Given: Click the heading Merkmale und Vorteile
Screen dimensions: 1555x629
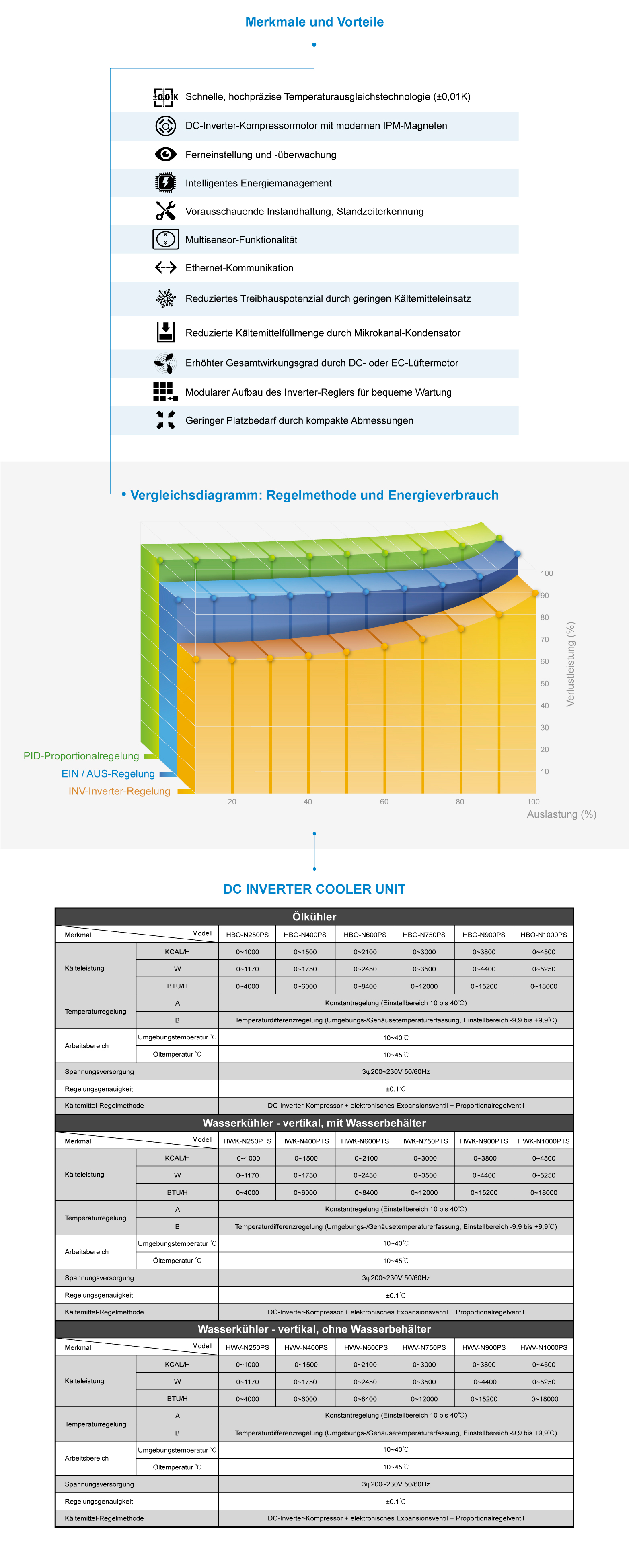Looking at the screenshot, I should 314,22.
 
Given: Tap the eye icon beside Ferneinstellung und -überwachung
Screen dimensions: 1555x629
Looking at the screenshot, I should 165,155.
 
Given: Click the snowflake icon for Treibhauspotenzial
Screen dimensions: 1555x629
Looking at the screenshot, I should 165,298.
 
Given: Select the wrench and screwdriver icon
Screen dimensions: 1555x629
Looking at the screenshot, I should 165,211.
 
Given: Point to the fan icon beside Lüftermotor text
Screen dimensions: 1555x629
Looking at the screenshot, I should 164,363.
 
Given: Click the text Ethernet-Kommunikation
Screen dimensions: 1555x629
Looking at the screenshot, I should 239,268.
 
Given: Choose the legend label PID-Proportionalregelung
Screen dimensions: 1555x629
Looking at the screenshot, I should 81,756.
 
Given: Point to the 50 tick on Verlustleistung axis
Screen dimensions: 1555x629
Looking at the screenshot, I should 545,684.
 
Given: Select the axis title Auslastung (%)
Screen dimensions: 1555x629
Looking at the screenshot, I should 561,814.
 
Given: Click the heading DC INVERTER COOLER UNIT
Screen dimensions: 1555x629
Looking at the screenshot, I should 314,889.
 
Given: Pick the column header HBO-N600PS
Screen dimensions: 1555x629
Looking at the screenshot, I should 365,935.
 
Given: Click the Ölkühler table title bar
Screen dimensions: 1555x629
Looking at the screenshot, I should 314,917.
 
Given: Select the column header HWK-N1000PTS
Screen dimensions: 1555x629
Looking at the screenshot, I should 543,1141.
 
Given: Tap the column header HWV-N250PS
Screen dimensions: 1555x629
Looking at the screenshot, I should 247,1347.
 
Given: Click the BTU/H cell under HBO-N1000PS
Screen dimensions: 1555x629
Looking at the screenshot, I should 544,986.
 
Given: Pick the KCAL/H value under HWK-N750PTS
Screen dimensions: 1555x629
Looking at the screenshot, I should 424,1158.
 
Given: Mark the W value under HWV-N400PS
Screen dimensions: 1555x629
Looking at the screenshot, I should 306,1382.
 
